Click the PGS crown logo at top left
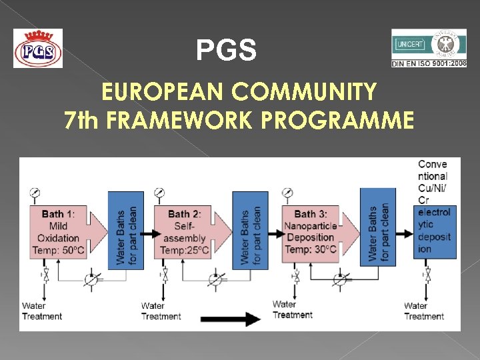click(38, 48)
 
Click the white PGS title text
click(226, 51)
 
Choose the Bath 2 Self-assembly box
click(190, 232)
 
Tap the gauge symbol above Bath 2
click(159, 193)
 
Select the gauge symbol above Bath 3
click(287, 193)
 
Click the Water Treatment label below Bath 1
click(42, 311)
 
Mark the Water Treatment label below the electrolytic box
click(424, 311)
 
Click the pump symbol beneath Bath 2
click(215, 278)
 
